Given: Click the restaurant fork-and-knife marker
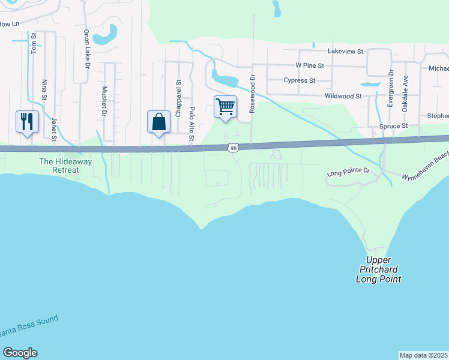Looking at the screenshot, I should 27,122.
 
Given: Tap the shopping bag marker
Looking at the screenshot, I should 158,122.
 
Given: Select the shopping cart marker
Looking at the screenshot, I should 225,107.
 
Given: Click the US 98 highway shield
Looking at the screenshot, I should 232,148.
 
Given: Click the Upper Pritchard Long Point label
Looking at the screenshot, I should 378,269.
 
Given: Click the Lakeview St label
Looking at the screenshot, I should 346,52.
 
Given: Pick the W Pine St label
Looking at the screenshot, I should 310,65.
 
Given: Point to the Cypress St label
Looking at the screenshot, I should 300,80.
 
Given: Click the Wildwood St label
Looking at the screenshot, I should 343,96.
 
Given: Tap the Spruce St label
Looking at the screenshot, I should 394,127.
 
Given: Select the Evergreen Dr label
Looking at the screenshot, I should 391,89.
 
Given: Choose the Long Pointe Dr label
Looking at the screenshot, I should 349,172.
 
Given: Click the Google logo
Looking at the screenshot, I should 20,353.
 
